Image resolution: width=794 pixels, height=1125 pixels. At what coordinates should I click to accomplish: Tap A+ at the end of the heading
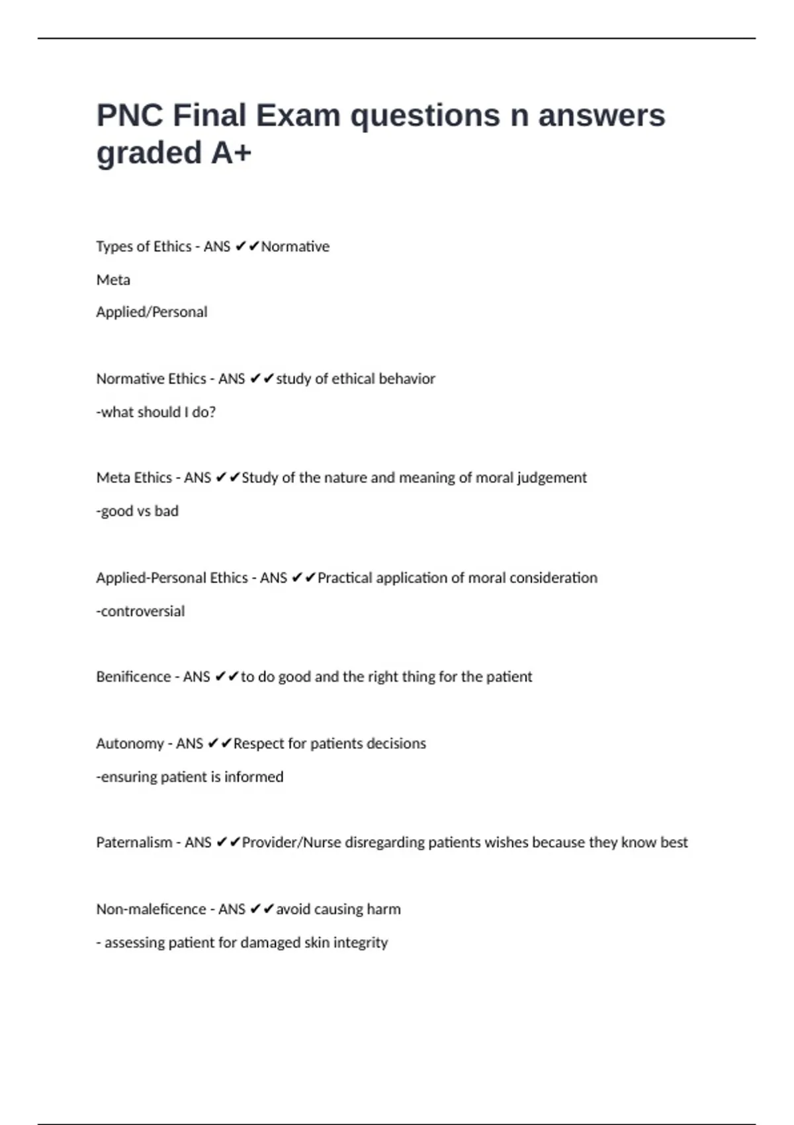pos(232,154)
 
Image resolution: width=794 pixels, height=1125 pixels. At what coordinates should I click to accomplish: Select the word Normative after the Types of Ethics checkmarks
pos(295,247)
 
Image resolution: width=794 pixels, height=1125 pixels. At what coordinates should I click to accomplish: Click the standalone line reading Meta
pos(113,280)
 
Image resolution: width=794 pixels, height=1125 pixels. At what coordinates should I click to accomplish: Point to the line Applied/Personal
pos(152,312)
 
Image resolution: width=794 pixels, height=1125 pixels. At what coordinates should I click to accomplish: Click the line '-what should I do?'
pos(156,412)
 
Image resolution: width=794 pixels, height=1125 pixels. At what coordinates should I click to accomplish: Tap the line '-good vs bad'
pos(138,511)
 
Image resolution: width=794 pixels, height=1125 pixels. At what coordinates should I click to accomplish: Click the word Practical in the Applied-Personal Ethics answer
pos(345,578)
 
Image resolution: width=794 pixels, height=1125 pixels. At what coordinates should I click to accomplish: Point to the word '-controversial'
pos(140,611)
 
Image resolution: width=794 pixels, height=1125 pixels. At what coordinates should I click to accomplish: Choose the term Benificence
pos(134,677)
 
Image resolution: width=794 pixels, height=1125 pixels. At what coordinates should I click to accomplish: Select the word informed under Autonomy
pos(253,777)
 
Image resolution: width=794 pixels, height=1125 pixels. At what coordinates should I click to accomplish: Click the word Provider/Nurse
pos(291,842)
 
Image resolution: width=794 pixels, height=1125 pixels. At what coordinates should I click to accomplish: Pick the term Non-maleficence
pos(151,909)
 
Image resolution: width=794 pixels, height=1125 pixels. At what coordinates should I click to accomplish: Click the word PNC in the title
pos(130,116)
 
